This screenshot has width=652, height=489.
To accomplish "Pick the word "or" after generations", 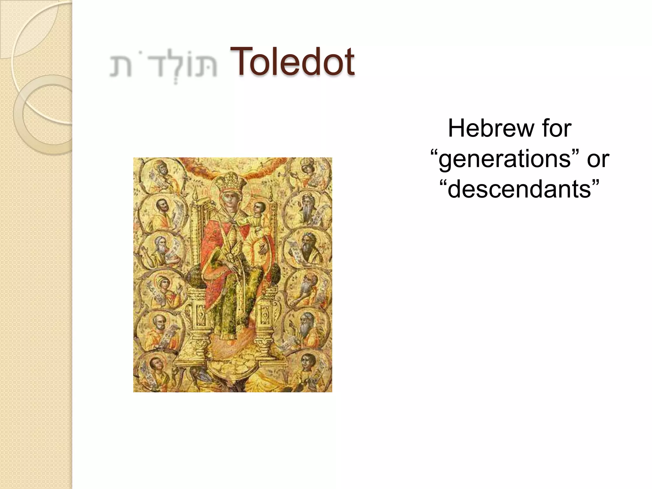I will [598, 159].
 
